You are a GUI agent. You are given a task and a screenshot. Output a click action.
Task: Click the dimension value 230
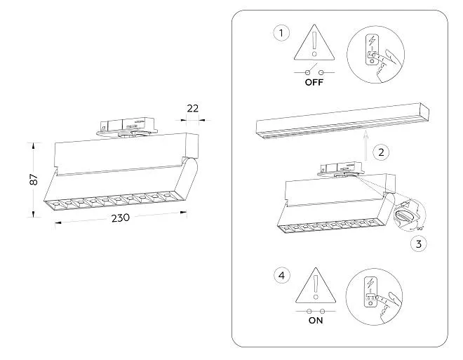(121, 218)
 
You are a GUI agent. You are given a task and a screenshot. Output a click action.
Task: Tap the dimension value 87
(34, 180)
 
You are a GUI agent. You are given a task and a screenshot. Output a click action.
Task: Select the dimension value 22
(193, 109)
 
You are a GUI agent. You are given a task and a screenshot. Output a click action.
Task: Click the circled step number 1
(281, 33)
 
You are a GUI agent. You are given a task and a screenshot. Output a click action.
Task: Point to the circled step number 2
(381, 152)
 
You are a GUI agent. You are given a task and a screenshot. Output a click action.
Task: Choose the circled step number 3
(419, 244)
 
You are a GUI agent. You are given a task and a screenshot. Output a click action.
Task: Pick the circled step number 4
(282, 276)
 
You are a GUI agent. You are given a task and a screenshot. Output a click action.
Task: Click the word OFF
(314, 82)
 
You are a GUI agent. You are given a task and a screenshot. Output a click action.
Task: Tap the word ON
(316, 320)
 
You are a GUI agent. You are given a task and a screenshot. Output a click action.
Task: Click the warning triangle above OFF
(314, 42)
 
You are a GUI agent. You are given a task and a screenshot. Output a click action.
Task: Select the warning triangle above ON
(316, 286)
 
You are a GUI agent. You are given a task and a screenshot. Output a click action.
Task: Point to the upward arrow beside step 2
(366, 145)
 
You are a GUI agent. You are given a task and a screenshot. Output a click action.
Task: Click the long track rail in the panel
(342, 121)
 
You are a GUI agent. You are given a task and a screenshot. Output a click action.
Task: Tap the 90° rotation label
(420, 228)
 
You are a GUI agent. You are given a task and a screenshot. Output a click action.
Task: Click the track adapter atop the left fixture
(127, 128)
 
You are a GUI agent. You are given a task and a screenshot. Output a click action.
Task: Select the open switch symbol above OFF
(314, 71)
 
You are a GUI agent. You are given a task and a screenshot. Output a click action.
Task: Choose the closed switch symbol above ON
(316, 311)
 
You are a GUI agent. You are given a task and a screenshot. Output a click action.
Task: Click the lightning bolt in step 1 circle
(372, 40)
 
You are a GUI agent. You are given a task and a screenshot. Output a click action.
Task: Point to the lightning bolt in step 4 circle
(370, 284)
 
